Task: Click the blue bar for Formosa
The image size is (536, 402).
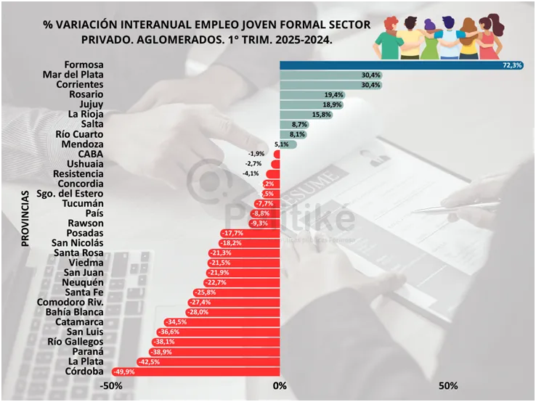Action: pos(392,65)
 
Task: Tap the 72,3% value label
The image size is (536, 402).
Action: pos(511,65)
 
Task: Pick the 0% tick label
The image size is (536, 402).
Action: pos(280,386)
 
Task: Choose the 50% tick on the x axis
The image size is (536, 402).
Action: pos(448,386)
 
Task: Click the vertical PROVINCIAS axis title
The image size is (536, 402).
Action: pos(25,218)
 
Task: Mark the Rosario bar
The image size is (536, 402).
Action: pos(305,95)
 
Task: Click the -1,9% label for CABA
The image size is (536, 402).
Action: pos(256,154)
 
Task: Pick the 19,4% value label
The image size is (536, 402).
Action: pos(335,95)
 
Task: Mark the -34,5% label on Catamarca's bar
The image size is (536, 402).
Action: pos(176,322)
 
